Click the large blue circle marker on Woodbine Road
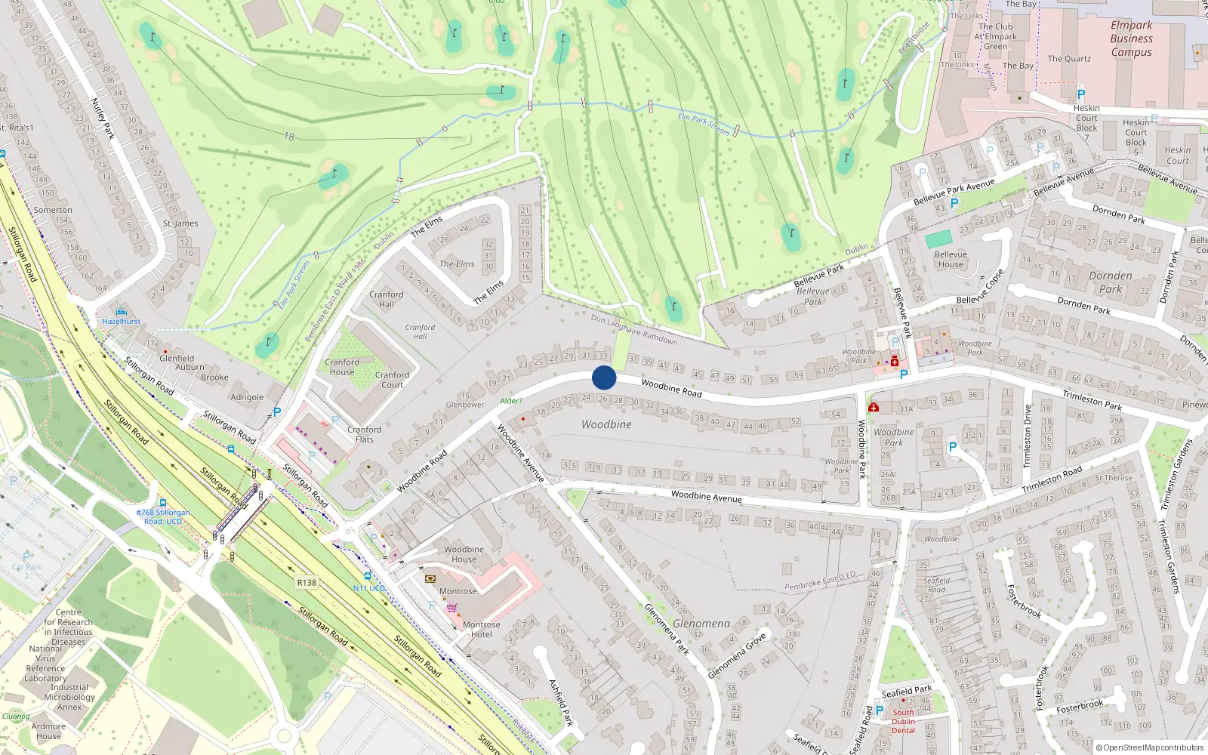(x=604, y=377)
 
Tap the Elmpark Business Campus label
(x=1131, y=39)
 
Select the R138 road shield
(x=307, y=583)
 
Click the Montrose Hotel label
(x=482, y=630)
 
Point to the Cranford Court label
(x=393, y=380)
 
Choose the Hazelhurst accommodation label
(x=122, y=322)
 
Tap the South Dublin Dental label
(x=903, y=721)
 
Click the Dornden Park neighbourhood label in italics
(x=1110, y=282)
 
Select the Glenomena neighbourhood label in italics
(x=701, y=624)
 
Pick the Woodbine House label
(x=464, y=554)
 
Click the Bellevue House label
(x=951, y=260)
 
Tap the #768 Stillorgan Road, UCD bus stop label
(x=163, y=517)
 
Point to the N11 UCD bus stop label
(x=369, y=588)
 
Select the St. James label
(x=180, y=223)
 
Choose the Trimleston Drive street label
(x=1027, y=436)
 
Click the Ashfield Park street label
(x=561, y=702)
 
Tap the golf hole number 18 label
(x=289, y=137)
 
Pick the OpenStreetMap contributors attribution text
(x=1150, y=747)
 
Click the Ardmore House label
(x=48, y=732)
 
